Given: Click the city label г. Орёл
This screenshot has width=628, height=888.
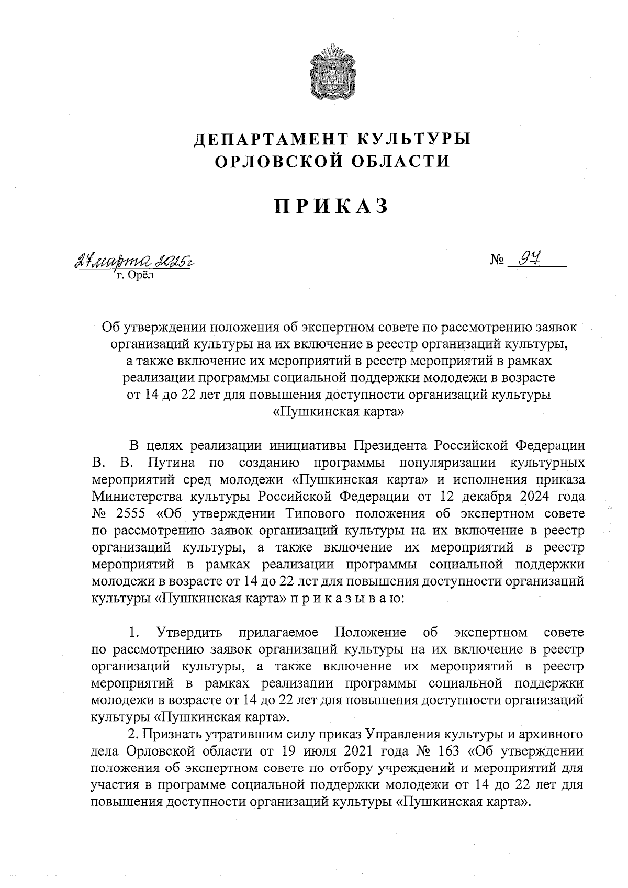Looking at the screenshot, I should [133, 275].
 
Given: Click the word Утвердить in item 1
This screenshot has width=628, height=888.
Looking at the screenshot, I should [189, 632].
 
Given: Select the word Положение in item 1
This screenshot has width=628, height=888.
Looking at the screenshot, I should [370, 632].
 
